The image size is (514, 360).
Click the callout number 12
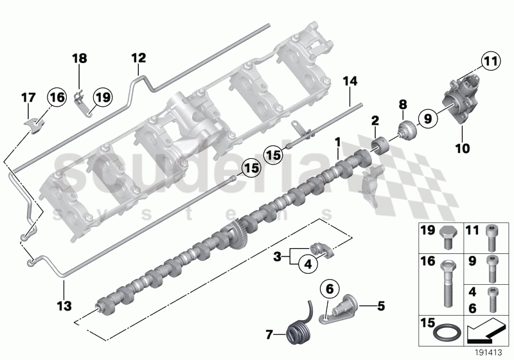(139, 58)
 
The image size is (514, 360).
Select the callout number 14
(349, 82)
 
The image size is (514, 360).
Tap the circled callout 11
(490, 62)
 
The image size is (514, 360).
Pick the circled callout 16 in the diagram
(57, 98)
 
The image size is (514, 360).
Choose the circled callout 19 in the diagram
(102, 98)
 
